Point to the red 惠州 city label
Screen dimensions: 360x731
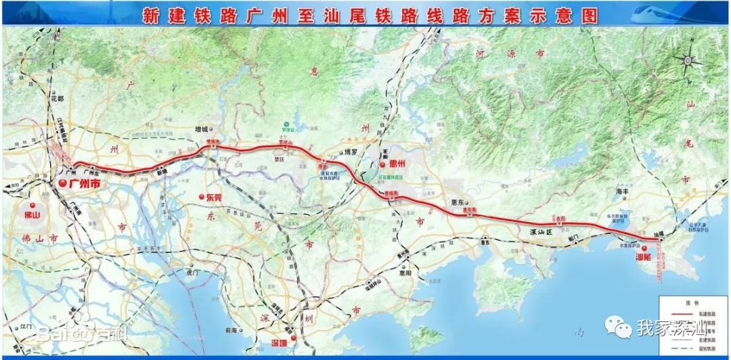(x=394, y=165)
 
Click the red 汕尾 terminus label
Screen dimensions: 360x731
(x=644, y=258)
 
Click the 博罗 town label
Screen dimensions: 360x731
(x=350, y=152)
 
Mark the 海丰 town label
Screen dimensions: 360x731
(x=623, y=193)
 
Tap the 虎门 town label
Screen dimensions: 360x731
(x=192, y=273)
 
